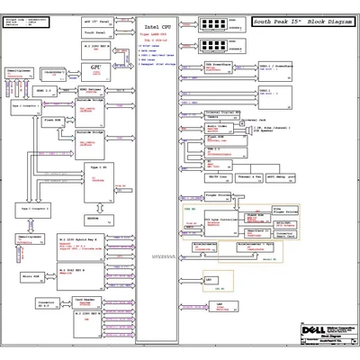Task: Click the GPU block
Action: coord(95,68)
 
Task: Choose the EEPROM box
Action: coord(93,217)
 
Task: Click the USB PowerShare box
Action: coord(220,68)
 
